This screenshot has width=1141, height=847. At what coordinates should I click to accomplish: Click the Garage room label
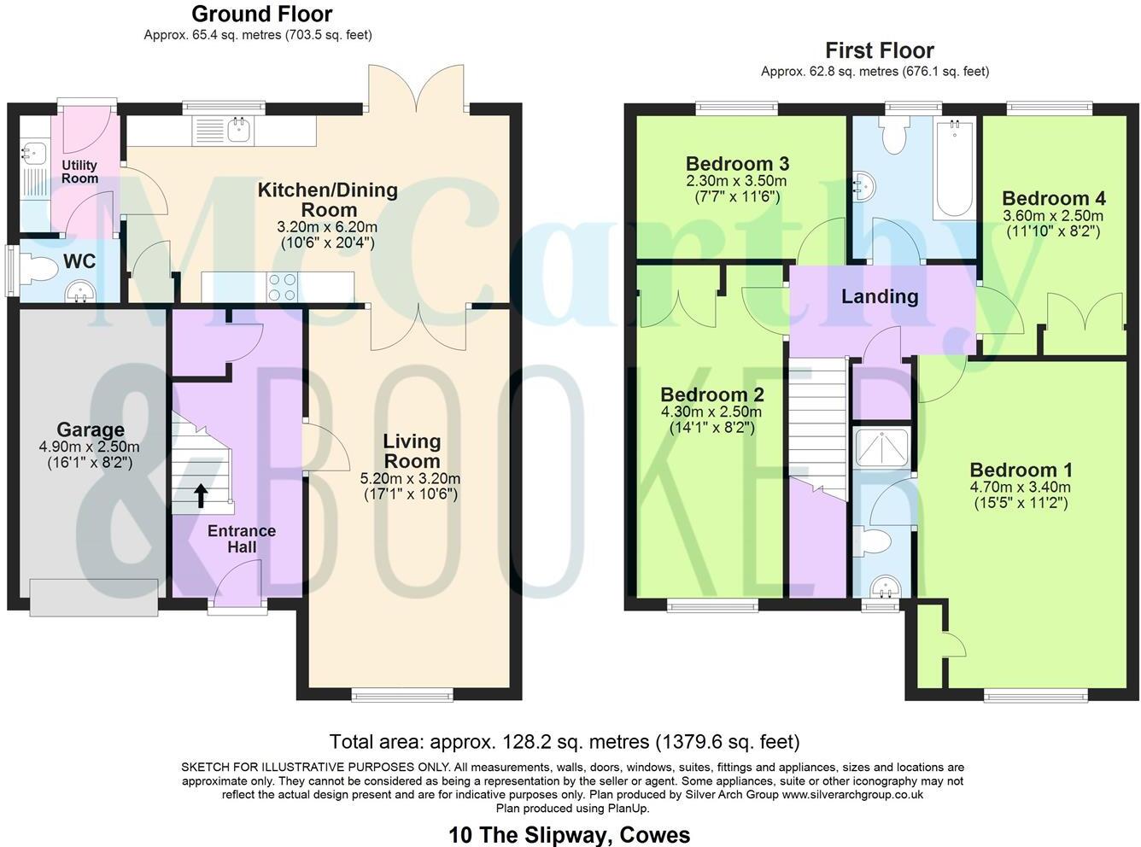(x=91, y=430)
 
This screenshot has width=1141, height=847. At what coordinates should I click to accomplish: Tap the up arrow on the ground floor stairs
(x=202, y=496)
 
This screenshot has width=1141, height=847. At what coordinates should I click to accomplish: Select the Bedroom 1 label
(x=1021, y=470)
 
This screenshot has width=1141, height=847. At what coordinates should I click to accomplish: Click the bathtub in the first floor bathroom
(x=954, y=171)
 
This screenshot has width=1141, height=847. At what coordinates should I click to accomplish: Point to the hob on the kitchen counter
(x=283, y=286)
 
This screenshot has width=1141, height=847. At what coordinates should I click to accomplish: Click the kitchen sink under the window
(x=237, y=130)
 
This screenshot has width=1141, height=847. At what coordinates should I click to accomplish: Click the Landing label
(x=880, y=297)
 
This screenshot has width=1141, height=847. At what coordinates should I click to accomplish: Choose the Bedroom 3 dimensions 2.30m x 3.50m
(x=737, y=181)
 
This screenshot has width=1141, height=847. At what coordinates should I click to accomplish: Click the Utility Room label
(x=79, y=172)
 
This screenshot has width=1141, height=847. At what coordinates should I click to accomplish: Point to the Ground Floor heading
(x=261, y=15)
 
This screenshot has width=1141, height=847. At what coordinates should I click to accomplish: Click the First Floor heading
(x=880, y=50)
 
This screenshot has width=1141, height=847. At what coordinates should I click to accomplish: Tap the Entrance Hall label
(x=242, y=539)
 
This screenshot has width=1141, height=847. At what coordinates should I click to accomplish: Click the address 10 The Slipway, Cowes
(x=570, y=834)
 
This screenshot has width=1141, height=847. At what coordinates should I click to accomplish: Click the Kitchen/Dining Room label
(x=328, y=199)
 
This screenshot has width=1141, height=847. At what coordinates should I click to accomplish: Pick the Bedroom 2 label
(x=712, y=395)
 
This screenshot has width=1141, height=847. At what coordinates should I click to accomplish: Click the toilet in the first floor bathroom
(x=893, y=137)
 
